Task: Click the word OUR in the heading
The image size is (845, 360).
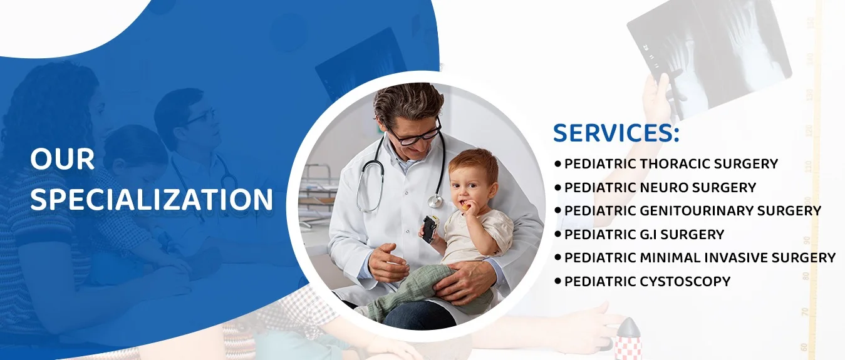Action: pos(62,159)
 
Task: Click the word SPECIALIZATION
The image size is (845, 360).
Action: pos(152,199)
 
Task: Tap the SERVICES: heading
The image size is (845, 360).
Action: pos(616,133)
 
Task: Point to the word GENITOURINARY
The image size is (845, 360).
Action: pos(696,211)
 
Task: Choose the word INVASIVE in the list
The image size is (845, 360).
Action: pos(735,258)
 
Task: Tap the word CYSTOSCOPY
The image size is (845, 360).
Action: pos(685,282)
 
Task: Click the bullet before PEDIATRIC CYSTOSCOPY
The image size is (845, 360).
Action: pos(558,281)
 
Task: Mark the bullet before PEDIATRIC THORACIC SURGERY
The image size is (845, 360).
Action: pos(558,163)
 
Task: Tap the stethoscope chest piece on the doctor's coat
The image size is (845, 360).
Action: pos(435,201)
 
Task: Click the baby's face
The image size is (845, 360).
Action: pos(471,187)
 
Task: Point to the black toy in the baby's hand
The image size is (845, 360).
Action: pos(429,229)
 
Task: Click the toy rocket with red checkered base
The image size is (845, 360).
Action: pos(628,339)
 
